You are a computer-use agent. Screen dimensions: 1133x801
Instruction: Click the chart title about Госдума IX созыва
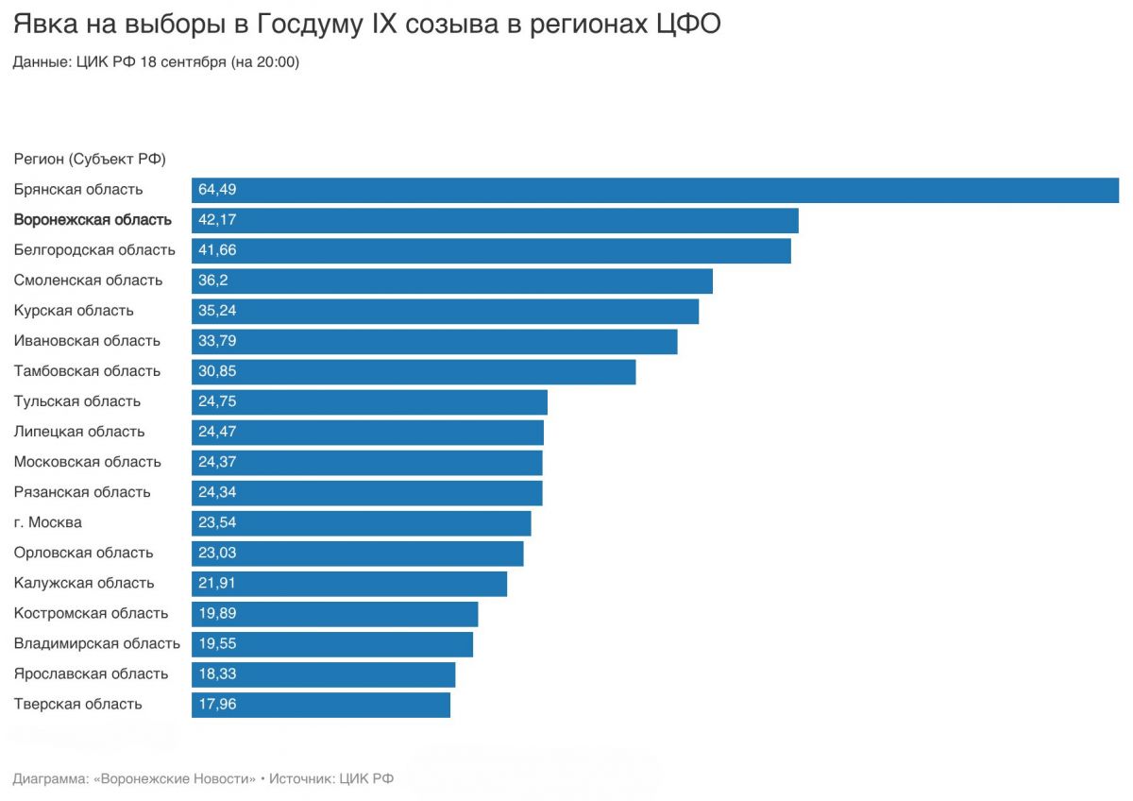[x=366, y=24]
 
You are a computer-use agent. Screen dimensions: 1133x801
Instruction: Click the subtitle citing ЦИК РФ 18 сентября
[x=156, y=61]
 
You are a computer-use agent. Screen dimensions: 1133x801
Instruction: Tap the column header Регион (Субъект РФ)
[x=90, y=159]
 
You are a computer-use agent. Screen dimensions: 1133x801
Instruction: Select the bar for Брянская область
[x=655, y=190]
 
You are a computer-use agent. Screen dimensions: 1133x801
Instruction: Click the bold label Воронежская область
[x=93, y=219]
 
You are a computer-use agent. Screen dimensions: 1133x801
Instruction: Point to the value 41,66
[x=217, y=250]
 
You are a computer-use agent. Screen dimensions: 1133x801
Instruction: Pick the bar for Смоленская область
[x=452, y=281]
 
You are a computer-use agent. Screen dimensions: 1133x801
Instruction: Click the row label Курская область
[x=74, y=310]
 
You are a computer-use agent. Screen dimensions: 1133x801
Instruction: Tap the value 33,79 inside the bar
[x=217, y=341]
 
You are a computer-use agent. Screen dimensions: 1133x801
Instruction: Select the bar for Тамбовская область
[x=414, y=372]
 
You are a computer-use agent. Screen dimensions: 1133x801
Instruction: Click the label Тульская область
[x=76, y=401]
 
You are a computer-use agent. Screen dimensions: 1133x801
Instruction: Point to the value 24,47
[x=217, y=432]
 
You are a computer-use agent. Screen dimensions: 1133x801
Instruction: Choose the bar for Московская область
[x=367, y=463]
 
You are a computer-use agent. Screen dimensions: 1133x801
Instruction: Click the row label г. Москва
[x=47, y=522]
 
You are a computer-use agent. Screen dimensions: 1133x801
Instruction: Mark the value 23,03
[x=217, y=553]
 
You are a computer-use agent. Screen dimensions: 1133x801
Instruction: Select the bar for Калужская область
[x=349, y=584]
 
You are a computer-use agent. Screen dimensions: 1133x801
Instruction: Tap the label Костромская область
[x=91, y=613]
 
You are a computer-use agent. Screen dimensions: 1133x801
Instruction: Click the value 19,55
[x=217, y=643]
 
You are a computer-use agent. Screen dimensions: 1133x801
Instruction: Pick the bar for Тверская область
[x=321, y=705]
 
